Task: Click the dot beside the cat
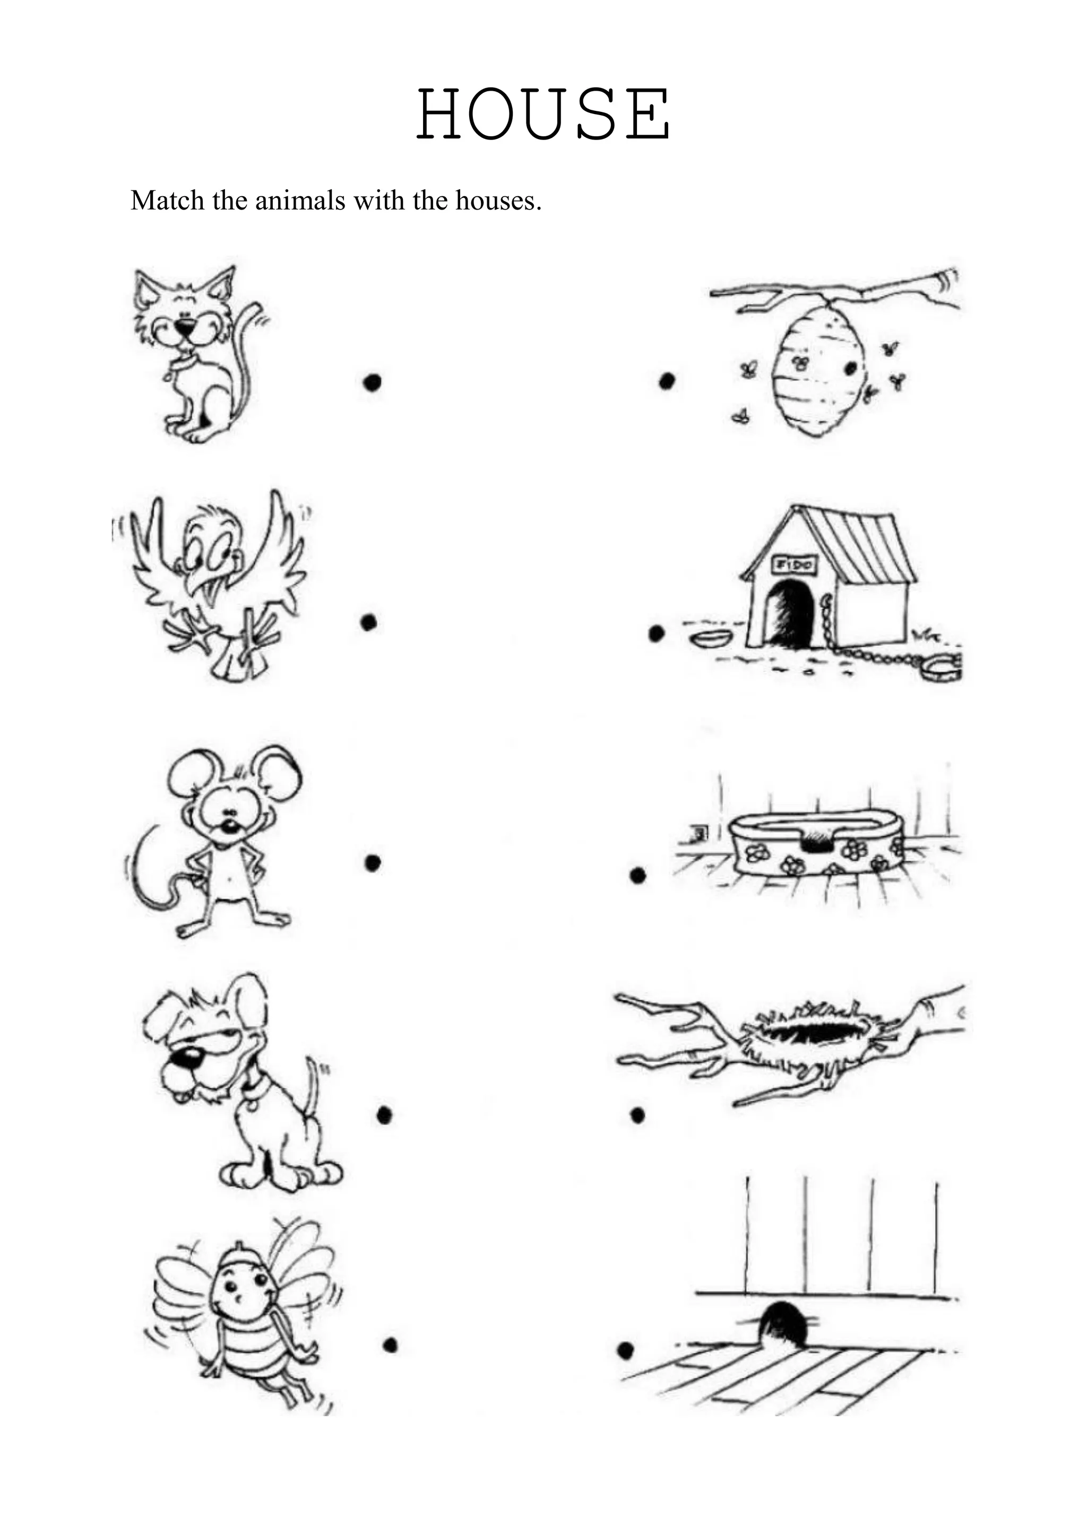point(372,382)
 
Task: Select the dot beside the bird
point(369,623)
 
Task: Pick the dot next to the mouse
point(372,863)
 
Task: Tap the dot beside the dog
point(384,1114)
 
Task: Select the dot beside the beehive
point(667,381)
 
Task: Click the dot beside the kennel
point(657,633)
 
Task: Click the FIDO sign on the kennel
point(795,565)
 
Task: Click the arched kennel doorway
point(790,612)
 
